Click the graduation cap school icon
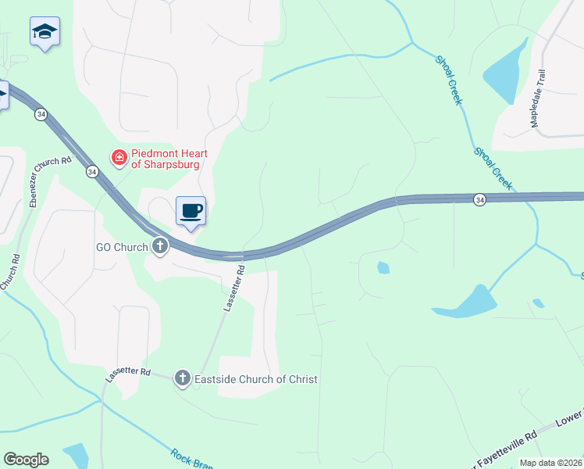[x=45, y=32]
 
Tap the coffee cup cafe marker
[x=191, y=210]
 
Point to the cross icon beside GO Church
[x=160, y=247]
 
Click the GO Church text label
[x=122, y=248]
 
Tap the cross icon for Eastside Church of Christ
[x=182, y=379]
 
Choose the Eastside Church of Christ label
[x=256, y=379]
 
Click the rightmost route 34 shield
[x=479, y=201]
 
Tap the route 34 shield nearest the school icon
[x=40, y=114]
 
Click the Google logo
[x=26, y=460]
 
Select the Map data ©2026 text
[x=550, y=463]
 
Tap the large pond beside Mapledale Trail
[x=506, y=72]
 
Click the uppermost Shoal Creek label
[x=450, y=81]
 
